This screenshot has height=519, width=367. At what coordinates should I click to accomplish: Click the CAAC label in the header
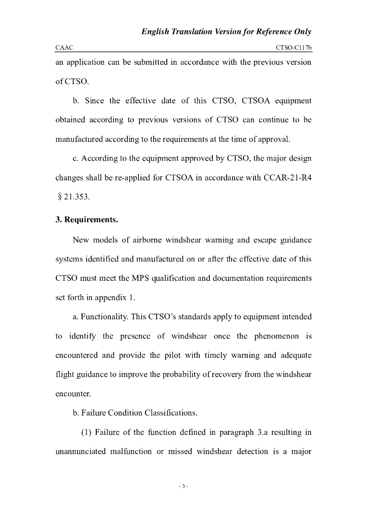click(x=64, y=47)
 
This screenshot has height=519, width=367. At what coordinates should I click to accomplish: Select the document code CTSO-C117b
click(x=293, y=47)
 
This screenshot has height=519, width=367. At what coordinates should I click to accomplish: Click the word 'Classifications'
click(x=170, y=413)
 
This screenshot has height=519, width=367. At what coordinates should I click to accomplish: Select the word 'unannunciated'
click(x=82, y=451)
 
